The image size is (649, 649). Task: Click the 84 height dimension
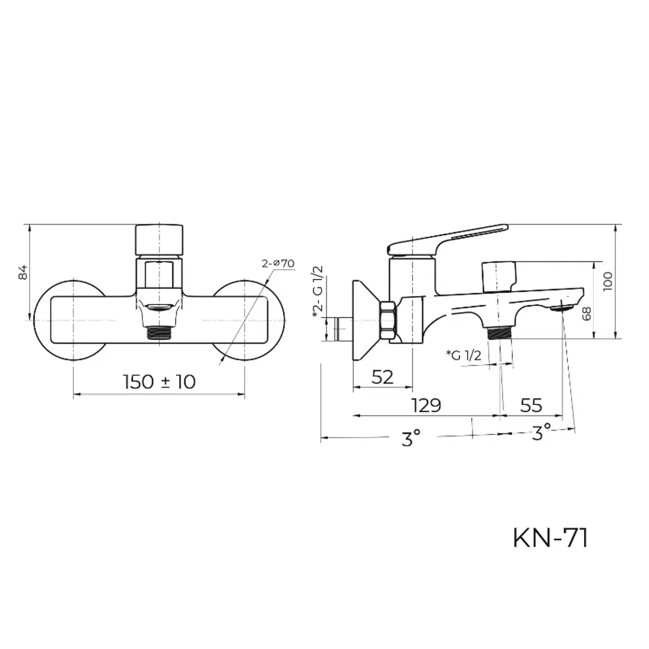(23, 272)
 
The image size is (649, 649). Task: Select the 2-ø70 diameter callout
(278, 263)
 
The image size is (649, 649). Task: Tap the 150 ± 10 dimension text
(159, 382)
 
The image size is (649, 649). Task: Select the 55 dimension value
(531, 406)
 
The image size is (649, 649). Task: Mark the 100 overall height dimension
(607, 281)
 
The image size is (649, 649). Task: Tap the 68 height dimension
(587, 313)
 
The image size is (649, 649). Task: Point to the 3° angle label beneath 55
(541, 431)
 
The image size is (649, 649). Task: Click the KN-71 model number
(550, 538)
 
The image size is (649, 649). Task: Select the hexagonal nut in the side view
(388, 321)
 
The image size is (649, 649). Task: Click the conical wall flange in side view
(363, 321)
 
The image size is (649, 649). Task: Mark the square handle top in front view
(159, 239)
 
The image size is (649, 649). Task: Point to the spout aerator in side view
(562, 308)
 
